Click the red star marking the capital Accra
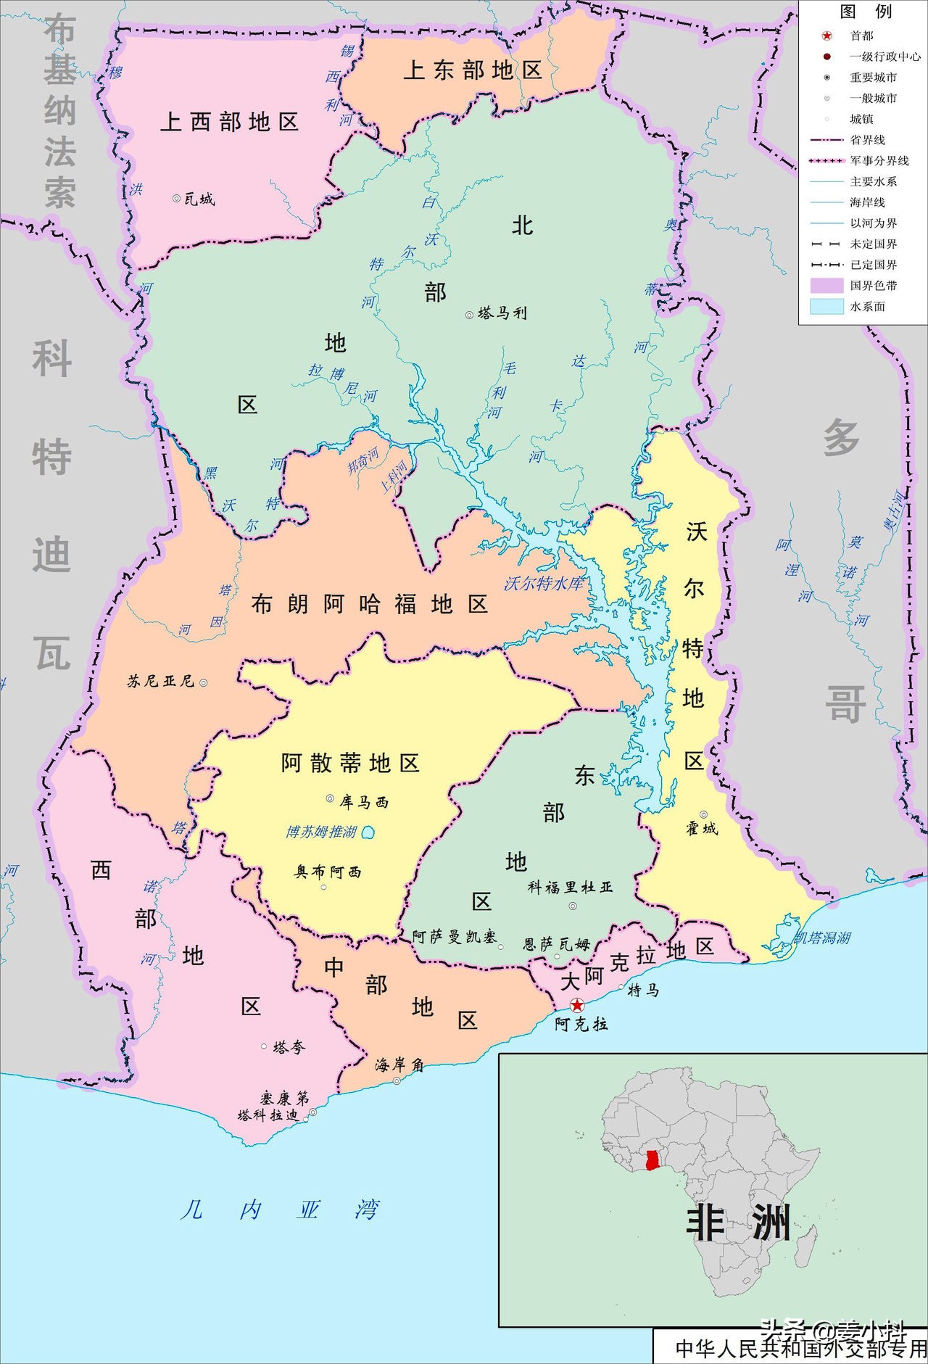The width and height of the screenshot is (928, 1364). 577,1005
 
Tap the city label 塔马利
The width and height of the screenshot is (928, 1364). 502,313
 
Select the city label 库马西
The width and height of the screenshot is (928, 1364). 363,802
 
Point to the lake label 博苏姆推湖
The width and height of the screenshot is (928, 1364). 321,832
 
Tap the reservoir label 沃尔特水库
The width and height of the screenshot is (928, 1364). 544,583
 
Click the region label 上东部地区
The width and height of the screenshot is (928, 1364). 473,70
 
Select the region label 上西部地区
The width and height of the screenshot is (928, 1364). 229,122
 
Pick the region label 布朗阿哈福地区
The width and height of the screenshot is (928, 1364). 369,604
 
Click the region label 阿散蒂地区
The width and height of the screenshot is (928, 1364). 350,763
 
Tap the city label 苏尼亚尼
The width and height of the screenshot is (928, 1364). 160,681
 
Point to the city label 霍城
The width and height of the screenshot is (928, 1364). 702,828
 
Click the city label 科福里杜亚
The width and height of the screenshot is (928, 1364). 570,887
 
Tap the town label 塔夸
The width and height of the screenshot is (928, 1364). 289,1047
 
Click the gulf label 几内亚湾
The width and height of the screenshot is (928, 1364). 279,1210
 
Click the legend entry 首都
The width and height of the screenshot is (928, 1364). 861,36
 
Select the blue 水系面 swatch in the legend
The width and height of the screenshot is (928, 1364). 826,306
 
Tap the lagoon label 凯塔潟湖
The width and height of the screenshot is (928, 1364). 822,938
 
